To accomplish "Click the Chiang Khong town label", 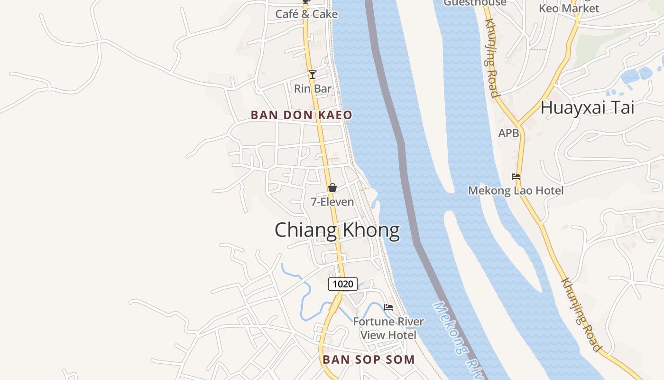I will [x=337, y=230].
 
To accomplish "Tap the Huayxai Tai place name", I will [x=587, y=108].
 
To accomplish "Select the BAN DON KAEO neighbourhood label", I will [x=301, y=115].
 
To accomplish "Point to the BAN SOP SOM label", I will [x=369, y=360].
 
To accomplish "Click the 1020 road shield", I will [x=342, y=284].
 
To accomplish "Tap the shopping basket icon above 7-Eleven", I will [x=332, y=188].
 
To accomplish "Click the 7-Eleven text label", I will [x=332, y=202].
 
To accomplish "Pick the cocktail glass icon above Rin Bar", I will [x=312, y=75].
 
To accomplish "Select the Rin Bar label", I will [x=313, y=89].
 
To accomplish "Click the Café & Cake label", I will [x=306, y=14].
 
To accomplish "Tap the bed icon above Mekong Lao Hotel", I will [x=516, y=177].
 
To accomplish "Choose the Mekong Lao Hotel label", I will [x=516, y=191].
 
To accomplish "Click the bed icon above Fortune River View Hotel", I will [x=388, y=307].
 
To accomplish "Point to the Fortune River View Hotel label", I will [x=388, y=328].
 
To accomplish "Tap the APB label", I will [x=508, y=133].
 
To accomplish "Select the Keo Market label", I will [x=569, y=9].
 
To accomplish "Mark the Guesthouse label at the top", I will [x=475, y=3].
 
